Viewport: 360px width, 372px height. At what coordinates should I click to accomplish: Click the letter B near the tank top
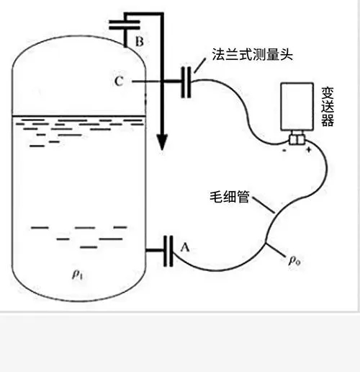click(x=140, y=41)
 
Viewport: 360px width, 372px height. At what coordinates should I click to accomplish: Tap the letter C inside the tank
click(x=119, y=81)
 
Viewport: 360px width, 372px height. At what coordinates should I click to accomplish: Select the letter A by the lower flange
click(x=185, y=247)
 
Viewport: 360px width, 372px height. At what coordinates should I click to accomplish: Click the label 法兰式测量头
click(x=252, y=54)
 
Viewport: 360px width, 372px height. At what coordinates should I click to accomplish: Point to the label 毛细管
click(x=230, y=197)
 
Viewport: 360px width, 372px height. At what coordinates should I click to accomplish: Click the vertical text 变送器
click(x=328, y=107)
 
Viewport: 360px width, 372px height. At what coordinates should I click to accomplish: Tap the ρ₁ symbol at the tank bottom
click(x=77, y=275)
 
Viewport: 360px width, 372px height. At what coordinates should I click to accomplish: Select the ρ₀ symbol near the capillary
click(x=294, y=260)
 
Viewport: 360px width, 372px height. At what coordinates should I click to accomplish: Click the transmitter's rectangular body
click(x=297, y=107)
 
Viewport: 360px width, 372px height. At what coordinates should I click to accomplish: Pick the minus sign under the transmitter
click(x=284, y=151)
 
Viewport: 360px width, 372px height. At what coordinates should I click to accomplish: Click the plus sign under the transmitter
click(x=309, y=150)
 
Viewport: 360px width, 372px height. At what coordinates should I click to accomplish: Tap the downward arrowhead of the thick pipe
click(x=162, y=142)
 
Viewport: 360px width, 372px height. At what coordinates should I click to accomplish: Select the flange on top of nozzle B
click(x=125, y=25)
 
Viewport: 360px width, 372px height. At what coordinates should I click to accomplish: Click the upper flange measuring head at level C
click(x=186, y=82)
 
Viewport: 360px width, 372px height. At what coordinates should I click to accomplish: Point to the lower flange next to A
click(x=168, y=251)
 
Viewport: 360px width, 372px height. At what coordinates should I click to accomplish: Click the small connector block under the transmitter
click(x=297, y=139)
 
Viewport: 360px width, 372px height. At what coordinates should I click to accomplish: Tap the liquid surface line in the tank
click(x=79, y=116)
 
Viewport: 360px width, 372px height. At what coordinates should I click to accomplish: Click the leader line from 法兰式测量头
click(x=200, y=66)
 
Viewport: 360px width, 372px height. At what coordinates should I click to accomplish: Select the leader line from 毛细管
click(x=264, y=205)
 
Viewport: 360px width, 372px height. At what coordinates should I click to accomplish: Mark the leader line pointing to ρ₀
click(x=276, y=250)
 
